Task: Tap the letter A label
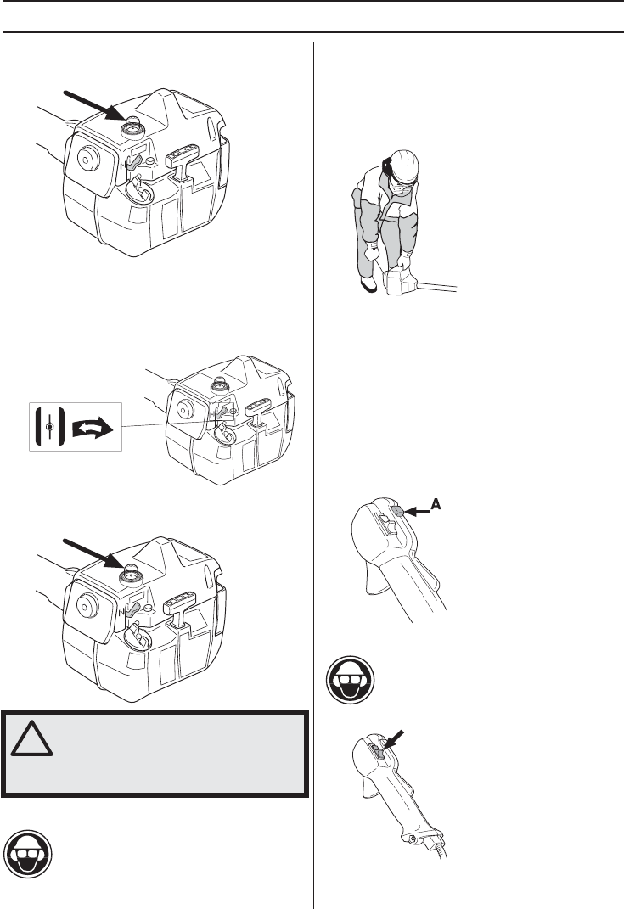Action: (x=436, y=505)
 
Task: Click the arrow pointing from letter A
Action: (x=417, y=511)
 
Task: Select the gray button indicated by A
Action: (x=398, y=511)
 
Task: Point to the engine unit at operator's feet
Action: (x=401, y=281)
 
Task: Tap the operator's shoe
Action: (x=368, y=284)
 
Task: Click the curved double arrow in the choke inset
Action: (x=93, y=428)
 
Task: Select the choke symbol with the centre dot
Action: (x=50, y=427)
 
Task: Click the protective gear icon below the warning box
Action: (x=27, y=855)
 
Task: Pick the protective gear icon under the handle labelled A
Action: (x=351, y=680)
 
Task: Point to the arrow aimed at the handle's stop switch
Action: (x=393, y=740)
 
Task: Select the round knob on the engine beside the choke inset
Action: (x=184, y=409)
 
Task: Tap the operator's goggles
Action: (x=402, y=185)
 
